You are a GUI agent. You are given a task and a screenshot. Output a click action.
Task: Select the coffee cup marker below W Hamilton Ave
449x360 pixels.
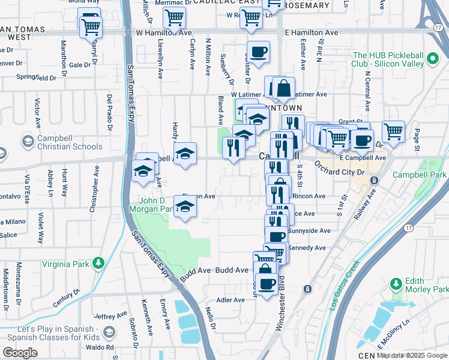tap(259, 52)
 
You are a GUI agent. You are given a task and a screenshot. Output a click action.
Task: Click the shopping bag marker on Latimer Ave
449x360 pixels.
tap(284, 88)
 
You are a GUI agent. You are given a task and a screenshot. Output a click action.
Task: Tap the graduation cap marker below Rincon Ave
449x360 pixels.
tap(186, 208)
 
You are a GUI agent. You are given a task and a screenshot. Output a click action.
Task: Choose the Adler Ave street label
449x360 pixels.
tap(231, 300)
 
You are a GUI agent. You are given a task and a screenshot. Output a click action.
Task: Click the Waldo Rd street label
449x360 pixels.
tap(101, 347)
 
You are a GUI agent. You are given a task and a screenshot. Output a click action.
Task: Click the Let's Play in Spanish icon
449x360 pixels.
tap(109, 332)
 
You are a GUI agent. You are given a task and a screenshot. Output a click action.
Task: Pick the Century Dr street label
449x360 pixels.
tap(65, 298)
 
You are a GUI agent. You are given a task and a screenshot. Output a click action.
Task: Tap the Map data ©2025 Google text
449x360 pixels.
tap(412, 355)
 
